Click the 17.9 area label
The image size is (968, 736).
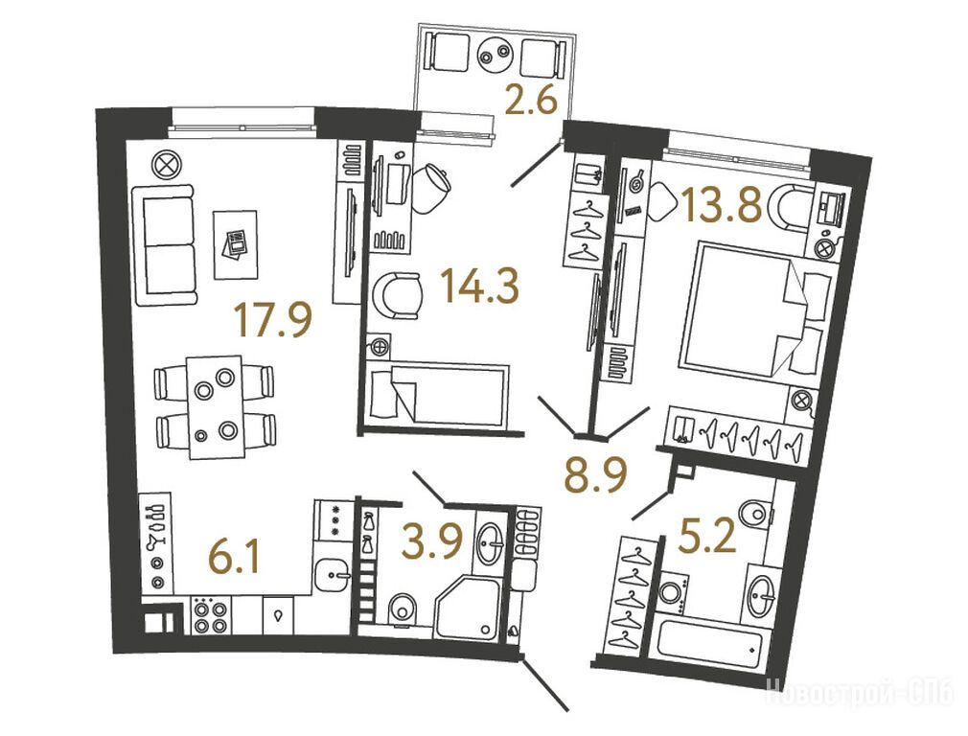273,321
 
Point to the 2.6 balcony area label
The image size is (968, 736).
531,102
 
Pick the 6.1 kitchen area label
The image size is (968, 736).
235,559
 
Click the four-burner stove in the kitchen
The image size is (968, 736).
210,614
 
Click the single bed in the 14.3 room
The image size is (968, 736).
437,395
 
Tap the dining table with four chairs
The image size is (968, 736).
215,406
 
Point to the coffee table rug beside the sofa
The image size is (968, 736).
235,243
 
